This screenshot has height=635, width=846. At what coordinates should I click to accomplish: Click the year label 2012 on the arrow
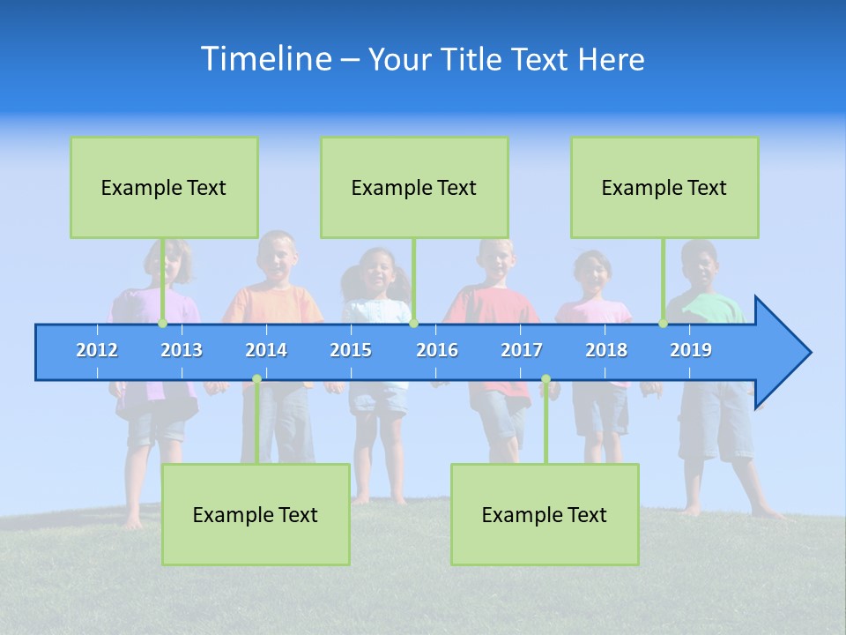97,350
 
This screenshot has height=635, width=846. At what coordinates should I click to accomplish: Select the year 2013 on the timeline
182,350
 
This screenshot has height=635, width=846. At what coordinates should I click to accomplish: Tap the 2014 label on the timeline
266,350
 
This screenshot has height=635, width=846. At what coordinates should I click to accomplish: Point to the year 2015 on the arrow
351,350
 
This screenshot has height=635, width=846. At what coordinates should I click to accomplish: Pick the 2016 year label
437,350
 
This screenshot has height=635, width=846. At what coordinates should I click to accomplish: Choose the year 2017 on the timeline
522,350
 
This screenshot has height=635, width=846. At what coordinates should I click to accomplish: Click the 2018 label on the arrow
606,350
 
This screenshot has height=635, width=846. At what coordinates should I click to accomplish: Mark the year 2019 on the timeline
691,350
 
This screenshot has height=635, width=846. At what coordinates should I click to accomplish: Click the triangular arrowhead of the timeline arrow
780,353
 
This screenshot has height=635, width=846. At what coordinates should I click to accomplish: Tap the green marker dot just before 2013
162,324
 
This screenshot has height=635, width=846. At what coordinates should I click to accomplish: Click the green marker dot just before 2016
413,324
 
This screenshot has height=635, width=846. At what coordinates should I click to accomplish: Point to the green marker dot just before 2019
663,324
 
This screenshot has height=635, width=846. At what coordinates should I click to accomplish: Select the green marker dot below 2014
256,379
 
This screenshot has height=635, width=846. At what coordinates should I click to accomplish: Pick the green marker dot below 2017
545,379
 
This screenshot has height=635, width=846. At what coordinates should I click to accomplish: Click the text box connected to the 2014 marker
256,514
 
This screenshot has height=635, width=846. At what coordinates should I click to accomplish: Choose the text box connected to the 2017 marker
545,514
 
